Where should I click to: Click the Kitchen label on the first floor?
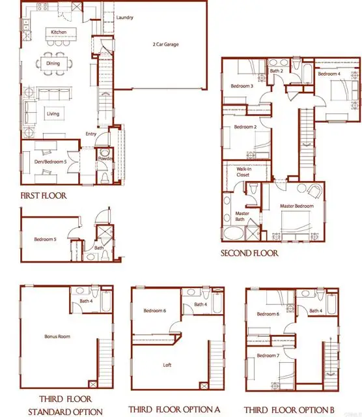pos(59,31)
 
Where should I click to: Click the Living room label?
pos(53,113)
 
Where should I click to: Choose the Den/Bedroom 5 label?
pos(52,154)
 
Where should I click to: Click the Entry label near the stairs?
pos(91,135)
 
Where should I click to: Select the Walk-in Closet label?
pos(244,172)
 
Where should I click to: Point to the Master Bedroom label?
pos(297,206)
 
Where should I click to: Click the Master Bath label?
pos(242,216)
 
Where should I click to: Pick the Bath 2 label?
pos(276,70)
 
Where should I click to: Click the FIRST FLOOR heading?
pos(43,195)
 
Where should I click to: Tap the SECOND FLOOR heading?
pos(249,253)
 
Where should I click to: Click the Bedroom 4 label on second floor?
pos(329,74)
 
